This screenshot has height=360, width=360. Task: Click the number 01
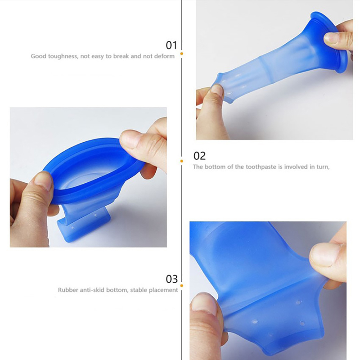pos(171,45)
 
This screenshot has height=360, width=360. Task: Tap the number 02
pos(199,156)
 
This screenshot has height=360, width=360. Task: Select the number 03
pos(172,279)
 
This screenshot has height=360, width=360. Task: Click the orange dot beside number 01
pos(182,54)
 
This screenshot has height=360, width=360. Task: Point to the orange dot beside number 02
pos(182,161)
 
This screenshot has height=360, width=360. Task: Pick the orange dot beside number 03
pos(182,286)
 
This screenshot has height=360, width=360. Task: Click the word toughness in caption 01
pos(63,57)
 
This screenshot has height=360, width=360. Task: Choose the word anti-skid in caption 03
pos(93,290)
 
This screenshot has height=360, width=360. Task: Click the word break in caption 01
pos(121,56)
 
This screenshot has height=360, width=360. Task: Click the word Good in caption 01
pos(38,56)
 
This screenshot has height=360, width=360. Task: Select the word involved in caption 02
pos(296,167)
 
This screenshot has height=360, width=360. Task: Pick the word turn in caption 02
pos(323,167)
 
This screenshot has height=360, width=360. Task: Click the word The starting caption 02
pos(198,167)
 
